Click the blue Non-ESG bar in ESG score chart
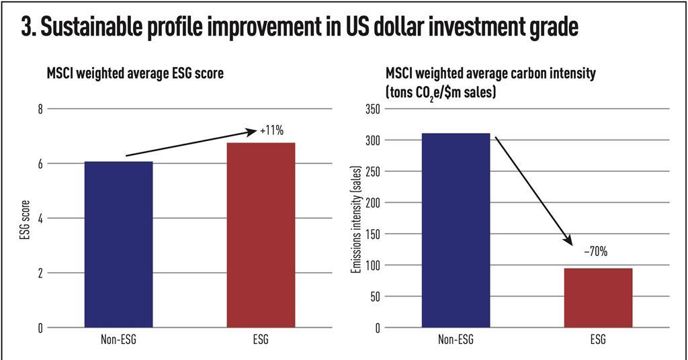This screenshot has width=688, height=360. point(118,244)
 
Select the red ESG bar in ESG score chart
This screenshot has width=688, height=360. point(261,235)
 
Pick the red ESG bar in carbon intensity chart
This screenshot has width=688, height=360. point(598,298)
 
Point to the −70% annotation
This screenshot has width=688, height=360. point(595,252)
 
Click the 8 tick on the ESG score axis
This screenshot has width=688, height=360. point(39,109)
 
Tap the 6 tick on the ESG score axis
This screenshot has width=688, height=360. point(39,163)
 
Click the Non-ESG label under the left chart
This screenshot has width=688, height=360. point(118,340)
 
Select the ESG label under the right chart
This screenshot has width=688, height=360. point(598,340)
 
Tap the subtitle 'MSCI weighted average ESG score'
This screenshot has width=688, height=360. point(134,74)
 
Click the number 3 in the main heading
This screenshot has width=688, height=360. point(26,29)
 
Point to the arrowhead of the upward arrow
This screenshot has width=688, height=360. point(255,132)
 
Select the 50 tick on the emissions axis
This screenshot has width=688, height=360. point(374,296)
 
